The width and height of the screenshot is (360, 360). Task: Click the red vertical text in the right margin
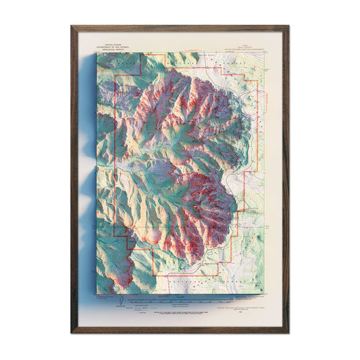pos(264,101)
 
